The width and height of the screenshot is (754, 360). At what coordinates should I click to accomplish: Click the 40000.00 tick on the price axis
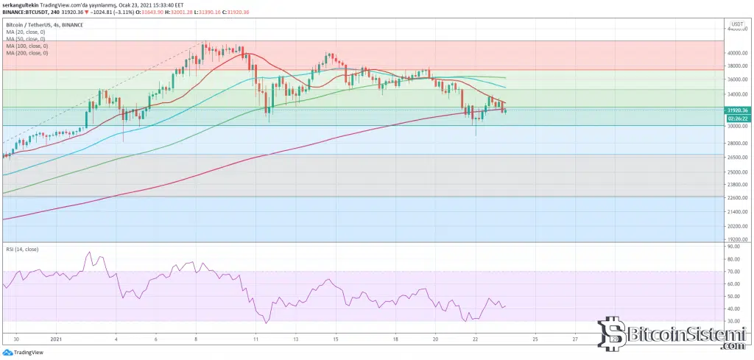point(736,54)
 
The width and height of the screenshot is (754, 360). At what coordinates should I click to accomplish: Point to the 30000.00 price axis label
point(736,126)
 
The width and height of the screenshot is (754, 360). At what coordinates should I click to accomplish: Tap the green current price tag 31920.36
point(736,110)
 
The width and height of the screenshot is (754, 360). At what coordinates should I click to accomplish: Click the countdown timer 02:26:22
point(736,118)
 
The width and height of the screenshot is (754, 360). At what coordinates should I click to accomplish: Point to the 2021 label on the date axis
point(57,340)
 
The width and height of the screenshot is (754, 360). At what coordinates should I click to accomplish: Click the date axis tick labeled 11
point(256,340)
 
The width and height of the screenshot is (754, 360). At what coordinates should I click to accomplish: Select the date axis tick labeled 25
point(535,340)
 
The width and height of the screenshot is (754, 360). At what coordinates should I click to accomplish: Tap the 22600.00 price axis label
point(736,197)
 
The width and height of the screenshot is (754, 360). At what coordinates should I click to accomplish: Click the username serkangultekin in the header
point(21,5)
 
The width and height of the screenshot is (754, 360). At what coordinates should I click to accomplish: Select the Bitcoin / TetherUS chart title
point(40,24)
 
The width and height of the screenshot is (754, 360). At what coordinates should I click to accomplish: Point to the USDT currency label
point(736,24)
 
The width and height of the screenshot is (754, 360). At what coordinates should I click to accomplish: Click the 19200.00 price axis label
point(736,239)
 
